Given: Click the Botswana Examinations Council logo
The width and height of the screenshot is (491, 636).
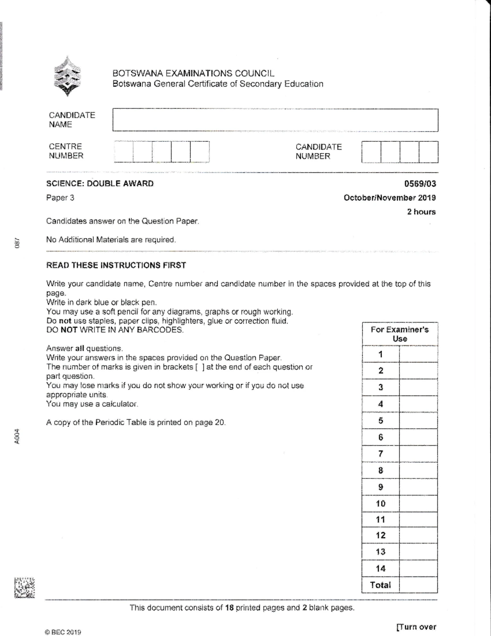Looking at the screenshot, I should (x=67, y=77).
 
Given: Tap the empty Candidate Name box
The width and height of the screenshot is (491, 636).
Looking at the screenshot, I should (x=275, y=120).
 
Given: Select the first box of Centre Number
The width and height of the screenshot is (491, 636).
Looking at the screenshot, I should (x=124, y=152).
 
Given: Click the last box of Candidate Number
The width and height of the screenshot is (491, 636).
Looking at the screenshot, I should (x=428, y=152).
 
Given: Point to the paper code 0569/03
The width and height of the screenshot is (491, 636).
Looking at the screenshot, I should (x=420, y=184).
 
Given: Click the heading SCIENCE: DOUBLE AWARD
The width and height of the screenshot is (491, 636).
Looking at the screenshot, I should (x=100, y=183).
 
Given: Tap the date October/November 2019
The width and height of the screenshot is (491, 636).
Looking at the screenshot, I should (x=390, y=198).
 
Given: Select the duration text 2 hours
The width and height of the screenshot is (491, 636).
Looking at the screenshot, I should (x=421, y=212).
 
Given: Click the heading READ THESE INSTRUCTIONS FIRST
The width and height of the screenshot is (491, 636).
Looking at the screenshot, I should (x=116, y=265).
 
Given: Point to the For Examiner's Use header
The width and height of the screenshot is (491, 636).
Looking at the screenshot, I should (x=399, y=334).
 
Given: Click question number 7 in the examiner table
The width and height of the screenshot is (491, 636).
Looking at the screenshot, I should (x=381, y=454).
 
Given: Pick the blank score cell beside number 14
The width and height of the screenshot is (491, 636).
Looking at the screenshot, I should (x=418, y=568).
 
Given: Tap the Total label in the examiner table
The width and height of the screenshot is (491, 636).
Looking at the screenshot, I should (x=380, y=585).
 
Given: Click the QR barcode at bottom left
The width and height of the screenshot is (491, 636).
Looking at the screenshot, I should (x=24, y=588).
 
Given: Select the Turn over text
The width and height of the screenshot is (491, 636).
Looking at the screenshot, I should (x=416, y=627).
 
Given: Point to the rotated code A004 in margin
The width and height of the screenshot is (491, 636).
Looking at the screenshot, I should (x=16, y=436).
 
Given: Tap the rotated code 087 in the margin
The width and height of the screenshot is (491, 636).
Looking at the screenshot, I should (x=17, y=243).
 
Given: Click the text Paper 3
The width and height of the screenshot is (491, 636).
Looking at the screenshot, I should (x=60, y=198).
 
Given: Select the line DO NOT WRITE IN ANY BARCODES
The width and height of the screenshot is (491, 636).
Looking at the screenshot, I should (x=115, y=330).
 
